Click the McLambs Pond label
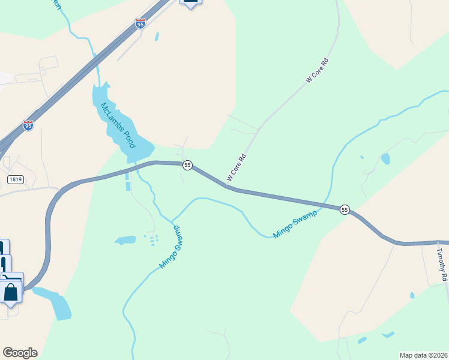click(118, 125)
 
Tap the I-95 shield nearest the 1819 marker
click(28, 125)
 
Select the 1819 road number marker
click(16, 179)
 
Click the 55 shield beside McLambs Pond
click(187, 165)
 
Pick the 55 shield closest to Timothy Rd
click(345, 209)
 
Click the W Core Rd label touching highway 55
click(237, 167)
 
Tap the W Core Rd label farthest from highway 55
click(318, 70)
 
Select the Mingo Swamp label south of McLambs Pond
click(170, 247)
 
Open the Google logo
click(20, 353)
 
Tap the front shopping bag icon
click(11, 292)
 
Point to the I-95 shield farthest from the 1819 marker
click(140, 23)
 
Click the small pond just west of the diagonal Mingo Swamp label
click(126, 240)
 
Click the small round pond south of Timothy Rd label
click(412, 295)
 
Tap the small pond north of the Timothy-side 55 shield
click(385, 158)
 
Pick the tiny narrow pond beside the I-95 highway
click(157, 37)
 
